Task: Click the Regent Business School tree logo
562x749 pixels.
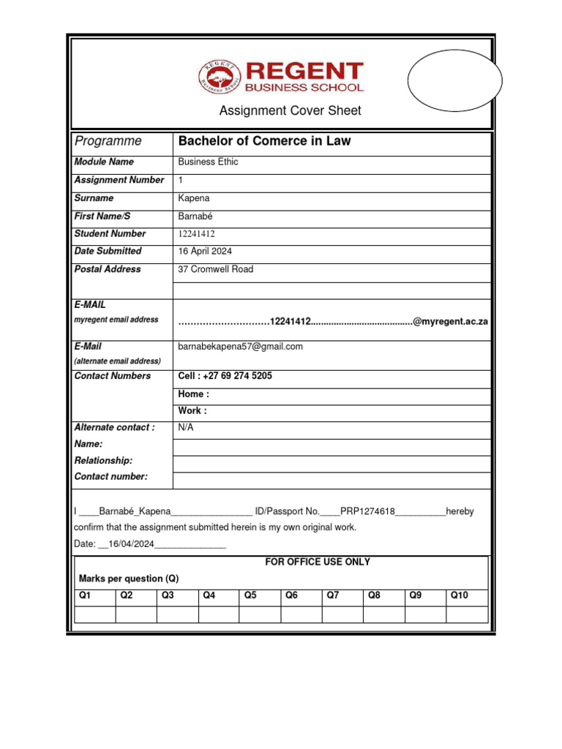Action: pyautogui.click(x=220, y=77)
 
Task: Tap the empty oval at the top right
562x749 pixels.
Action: pyautogui.click(x=454, y=80)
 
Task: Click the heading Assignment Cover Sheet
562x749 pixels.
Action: pyautogui.click(x=291, y=111)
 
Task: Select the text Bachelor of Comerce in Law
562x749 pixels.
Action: pyautogui.click(x=264, y=141)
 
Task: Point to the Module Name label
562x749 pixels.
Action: pyautogui.click(x=104, y=162)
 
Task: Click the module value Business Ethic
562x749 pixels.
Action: pyautogui.click(x=208, y=162)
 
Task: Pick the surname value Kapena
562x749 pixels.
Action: pyautogui.click(x=193, y=198)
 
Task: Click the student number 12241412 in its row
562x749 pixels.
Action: pyautogui.click(x=197, y=234)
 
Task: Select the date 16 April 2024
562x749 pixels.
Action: pyautogui.click(x=205, y=251)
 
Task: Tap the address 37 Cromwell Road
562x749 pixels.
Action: pyautogui.click(x=216, y=269)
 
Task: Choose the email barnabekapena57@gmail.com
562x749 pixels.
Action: pyautogui.click(x=240, y=347)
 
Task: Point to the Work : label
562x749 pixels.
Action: pyautogui.click(x=192, y=410)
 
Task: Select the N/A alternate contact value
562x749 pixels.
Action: pyautogui.click(x=187, y=427)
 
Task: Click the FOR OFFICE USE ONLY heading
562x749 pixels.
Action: pyautogui.click(x=317, y=562)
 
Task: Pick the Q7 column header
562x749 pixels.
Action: pyautogui.click(x=333, y=595)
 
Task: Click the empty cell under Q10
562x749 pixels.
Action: pyautogui.click(x=467, y=614)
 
